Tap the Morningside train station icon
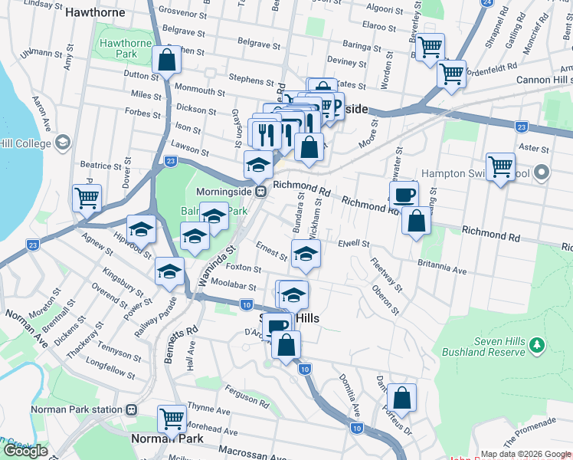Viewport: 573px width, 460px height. [x=261, y=191]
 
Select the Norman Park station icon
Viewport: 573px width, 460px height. [x=132, y=409]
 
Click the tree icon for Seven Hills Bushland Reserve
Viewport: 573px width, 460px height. [x=538, y=347]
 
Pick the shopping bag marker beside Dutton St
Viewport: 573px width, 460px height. [x=166, y=60]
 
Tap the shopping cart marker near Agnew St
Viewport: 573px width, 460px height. [x=87, y=197]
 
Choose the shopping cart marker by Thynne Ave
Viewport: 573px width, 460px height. [x=172, y=418]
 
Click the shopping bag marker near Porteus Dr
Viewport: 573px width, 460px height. [x=401, y=398]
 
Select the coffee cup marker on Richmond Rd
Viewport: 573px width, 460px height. [x=404, y=193]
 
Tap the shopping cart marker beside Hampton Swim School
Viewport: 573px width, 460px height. [x=500, y=166]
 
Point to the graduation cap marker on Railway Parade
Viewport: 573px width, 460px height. [x=169, y=270]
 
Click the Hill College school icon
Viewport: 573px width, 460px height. [x=63, y=143]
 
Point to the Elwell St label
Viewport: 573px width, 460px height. [x=353, y=243]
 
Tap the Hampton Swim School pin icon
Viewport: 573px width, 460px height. [x=542, y=172]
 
